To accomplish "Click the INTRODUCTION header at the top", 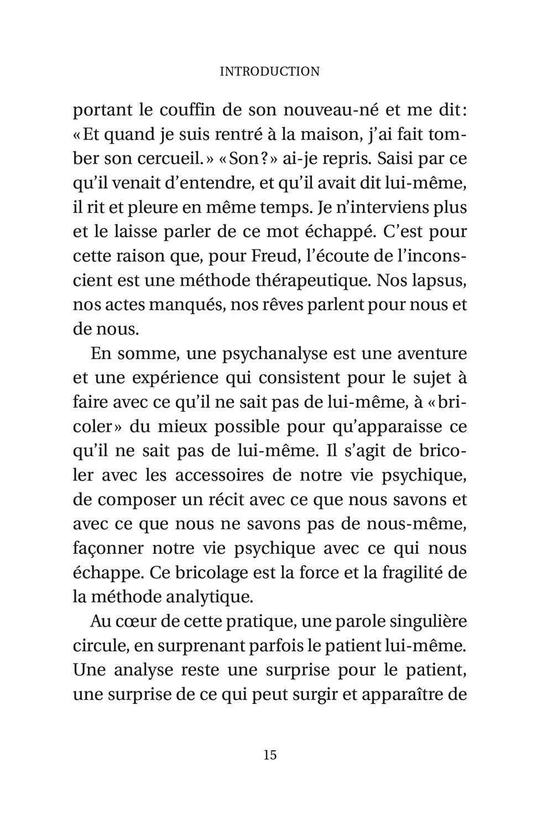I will click(x=269, y=71).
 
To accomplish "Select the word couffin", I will click(x=191, y=110).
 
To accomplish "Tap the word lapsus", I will click(x=436, y=280).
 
